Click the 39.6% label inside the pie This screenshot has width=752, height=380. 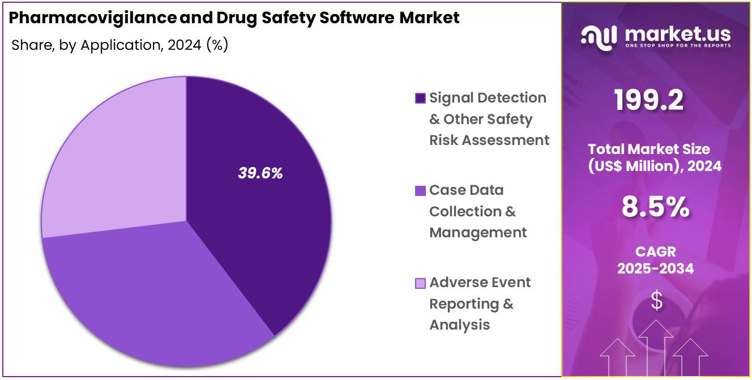(260, 174)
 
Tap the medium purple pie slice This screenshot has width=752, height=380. (153, 294)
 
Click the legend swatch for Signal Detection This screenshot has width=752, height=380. (420, 99)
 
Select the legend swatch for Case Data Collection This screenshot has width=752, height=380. (420, 191)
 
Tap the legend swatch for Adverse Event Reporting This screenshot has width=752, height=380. (420, 283)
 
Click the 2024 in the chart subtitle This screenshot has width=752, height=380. (184, 45)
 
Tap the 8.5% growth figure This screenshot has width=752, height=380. (656, 207)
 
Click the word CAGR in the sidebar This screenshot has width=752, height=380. (656, 251)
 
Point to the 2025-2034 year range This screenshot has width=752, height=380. (656, 268)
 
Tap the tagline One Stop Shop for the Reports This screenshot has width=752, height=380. (678, 45)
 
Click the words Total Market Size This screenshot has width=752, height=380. (649, 149)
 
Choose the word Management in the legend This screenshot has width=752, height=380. (478, 233)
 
